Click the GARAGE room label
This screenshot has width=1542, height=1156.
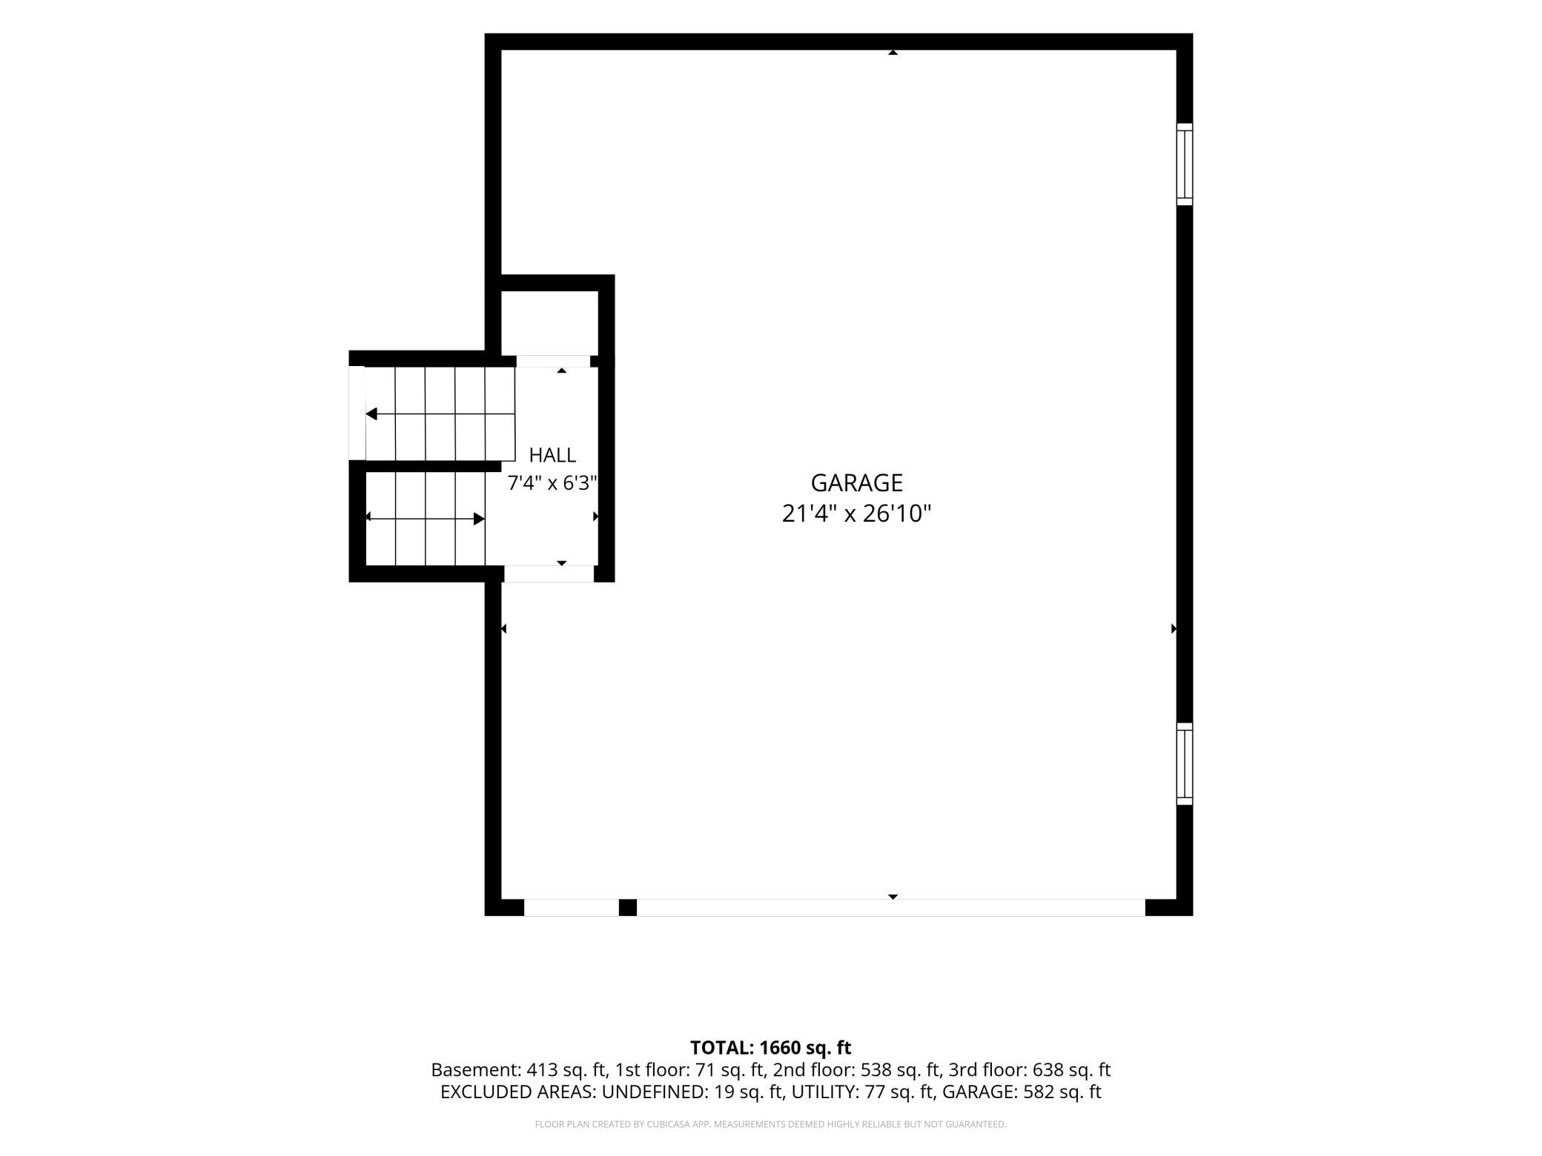coord(856,483)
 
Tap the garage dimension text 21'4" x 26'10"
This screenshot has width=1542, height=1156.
coord(856,514)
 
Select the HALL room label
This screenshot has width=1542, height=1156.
coord(552,455)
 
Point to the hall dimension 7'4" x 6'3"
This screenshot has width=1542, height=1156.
coord(552,483)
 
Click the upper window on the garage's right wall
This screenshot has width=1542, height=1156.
coord(1185,165)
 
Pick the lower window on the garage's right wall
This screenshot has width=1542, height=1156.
coord(1185,764)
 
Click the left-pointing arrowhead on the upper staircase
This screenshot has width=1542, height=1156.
coord(371,413)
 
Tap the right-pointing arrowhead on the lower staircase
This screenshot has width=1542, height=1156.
coord(479,519)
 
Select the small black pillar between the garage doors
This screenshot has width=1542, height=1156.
coord(628,907)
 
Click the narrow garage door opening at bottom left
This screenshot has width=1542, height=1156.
coord(572,907)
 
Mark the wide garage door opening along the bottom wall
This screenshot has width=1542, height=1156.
coord(891,907)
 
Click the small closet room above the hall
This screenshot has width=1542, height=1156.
coord(550,323)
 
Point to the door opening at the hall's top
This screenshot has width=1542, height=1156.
coord(553,362)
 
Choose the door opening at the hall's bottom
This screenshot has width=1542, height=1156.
coord(549,574)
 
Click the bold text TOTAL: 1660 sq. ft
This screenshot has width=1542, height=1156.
coord(771,1048)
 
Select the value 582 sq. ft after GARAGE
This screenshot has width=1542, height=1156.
coord(1062,1092)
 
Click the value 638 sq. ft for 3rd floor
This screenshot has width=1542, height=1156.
coord(1071,1070)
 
